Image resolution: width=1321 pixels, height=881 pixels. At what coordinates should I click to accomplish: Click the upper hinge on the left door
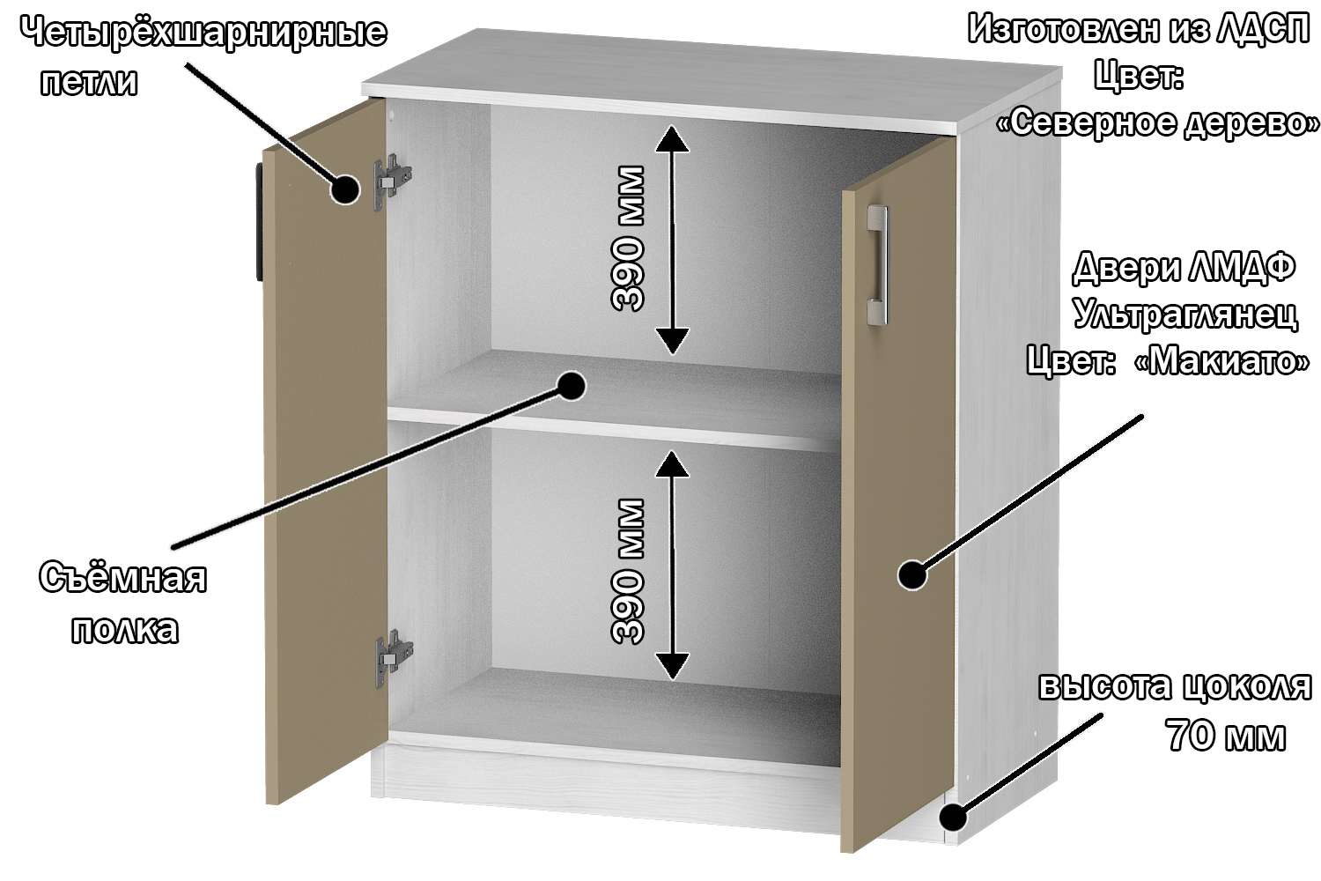pos(392,181)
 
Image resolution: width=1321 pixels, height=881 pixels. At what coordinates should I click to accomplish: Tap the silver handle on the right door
pos(877,265)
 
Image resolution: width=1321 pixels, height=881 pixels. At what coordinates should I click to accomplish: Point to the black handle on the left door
pos(260,221)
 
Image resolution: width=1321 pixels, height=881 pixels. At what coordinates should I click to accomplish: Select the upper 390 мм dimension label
pos(628,238)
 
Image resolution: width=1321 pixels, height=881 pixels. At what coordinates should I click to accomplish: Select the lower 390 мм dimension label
pos(628,571)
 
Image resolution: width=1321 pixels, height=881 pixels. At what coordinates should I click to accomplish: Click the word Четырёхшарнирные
pos(204,33)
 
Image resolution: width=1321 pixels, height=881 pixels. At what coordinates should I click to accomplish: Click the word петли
pos(89,81)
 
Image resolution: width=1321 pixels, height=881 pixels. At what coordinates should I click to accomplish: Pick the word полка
pos(124,629)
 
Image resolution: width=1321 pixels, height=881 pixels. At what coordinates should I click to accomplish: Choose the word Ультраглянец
pos(1185,314)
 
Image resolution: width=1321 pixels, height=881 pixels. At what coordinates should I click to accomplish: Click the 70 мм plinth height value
pos(1226,736)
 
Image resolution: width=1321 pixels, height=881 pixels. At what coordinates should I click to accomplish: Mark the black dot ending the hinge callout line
pos(345,189)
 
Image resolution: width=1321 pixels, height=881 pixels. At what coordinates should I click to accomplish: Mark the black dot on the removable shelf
pos(571,386)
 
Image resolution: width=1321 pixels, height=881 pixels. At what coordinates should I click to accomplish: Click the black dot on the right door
pos(912,574)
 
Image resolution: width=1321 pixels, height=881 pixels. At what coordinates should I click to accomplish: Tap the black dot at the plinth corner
pos(953,818)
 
